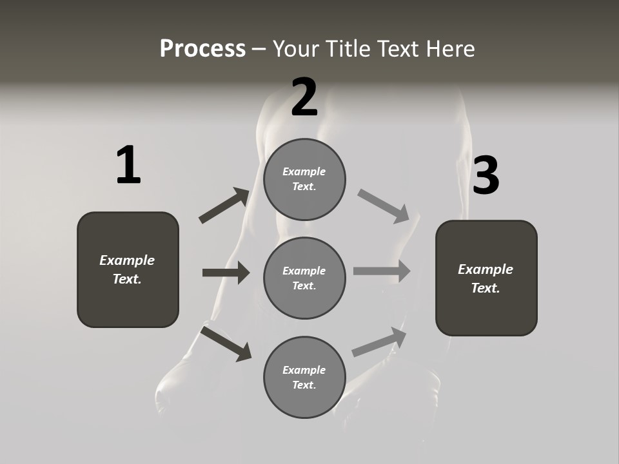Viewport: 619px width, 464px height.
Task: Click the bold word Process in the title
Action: [x=202, y=49]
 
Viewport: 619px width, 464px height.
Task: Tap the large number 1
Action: [x=128, y=165]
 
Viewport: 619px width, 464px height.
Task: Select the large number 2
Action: [x=304, y=97]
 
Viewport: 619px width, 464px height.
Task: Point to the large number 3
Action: [x=486, y=176]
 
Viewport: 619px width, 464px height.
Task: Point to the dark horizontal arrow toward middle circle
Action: [x=226, y=273]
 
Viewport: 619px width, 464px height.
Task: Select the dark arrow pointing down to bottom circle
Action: [x=226, y=343]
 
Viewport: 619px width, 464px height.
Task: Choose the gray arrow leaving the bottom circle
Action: [x=379, y=342]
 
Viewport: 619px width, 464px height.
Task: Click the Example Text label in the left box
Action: [x=127, y=269]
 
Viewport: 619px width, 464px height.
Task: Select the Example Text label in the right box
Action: [x=486, y=278]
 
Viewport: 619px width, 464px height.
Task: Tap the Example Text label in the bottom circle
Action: [x=304, y=377]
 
